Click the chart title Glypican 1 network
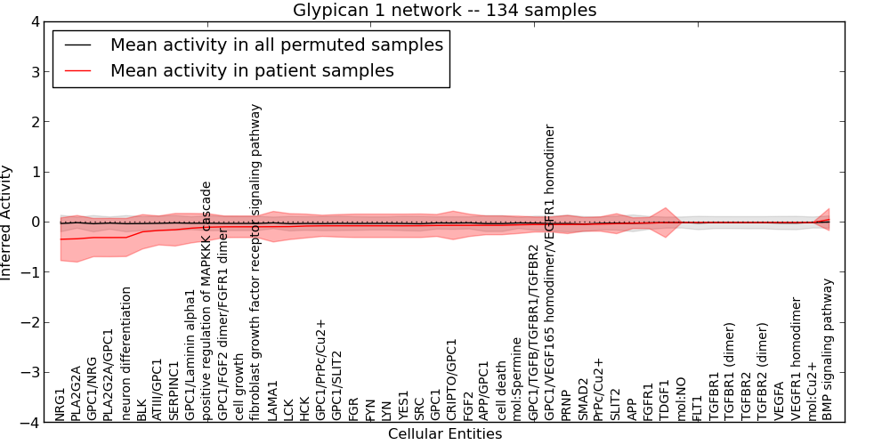[x=445, y=10]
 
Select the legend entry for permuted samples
[x=276, y=44]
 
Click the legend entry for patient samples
[x=252, y=70]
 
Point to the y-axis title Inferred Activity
[x=7, y=222]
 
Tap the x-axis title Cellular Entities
[x=445, y=434]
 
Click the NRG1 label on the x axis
[x=61, y=405]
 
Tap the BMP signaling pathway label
[x=829, y=350]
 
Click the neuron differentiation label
[x=126, y=354]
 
